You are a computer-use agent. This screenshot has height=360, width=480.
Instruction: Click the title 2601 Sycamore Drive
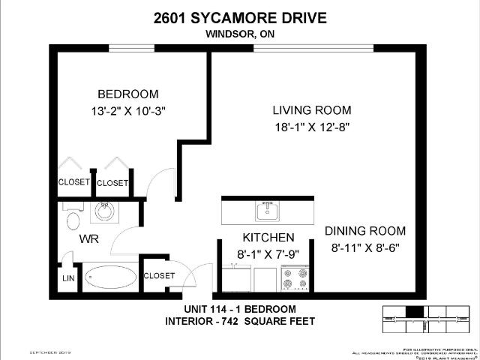click(239, 17)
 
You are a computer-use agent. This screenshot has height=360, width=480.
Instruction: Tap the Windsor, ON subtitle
click(239, 33)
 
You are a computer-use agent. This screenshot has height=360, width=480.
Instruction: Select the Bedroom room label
click(128, 94)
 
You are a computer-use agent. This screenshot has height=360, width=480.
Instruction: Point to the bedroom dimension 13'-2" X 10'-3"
click(128, 111)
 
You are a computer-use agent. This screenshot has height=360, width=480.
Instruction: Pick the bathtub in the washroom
click(111, 277)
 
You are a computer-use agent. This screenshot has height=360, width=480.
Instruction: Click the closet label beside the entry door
click(159, 275)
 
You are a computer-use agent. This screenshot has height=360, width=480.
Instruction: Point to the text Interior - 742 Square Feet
click(240, 322)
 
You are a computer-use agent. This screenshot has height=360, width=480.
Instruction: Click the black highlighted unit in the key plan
click(413, 311)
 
